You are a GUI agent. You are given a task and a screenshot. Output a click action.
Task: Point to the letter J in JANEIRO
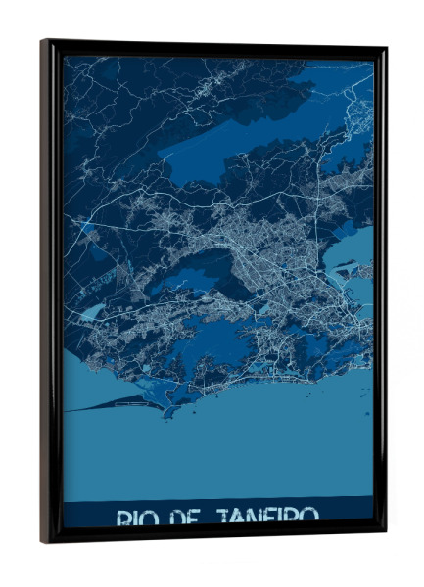tap(222, 517)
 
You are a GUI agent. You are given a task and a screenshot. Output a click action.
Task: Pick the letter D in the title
tap(177, 517)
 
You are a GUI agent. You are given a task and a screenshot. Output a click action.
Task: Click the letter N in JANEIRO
tap(259, 517)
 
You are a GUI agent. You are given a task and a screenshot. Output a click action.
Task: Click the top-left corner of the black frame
tap(43, 42)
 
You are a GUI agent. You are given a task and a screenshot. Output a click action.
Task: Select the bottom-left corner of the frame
tap(43, 540)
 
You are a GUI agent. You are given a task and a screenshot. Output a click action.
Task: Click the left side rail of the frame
tap(51, 293)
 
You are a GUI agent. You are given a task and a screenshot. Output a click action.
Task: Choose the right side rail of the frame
tap(379, 293)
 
